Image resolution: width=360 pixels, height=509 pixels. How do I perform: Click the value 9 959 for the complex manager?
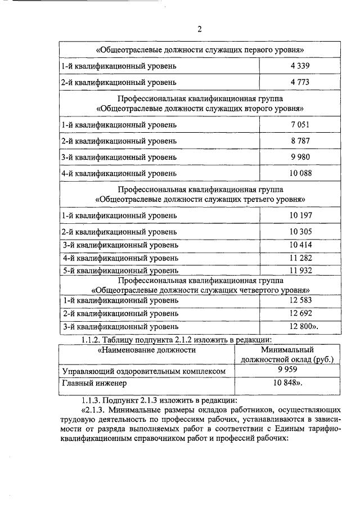point(287,370)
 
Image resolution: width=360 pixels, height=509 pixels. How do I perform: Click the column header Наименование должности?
point(147,350)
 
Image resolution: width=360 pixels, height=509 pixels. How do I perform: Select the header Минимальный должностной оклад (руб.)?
point(287,354)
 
